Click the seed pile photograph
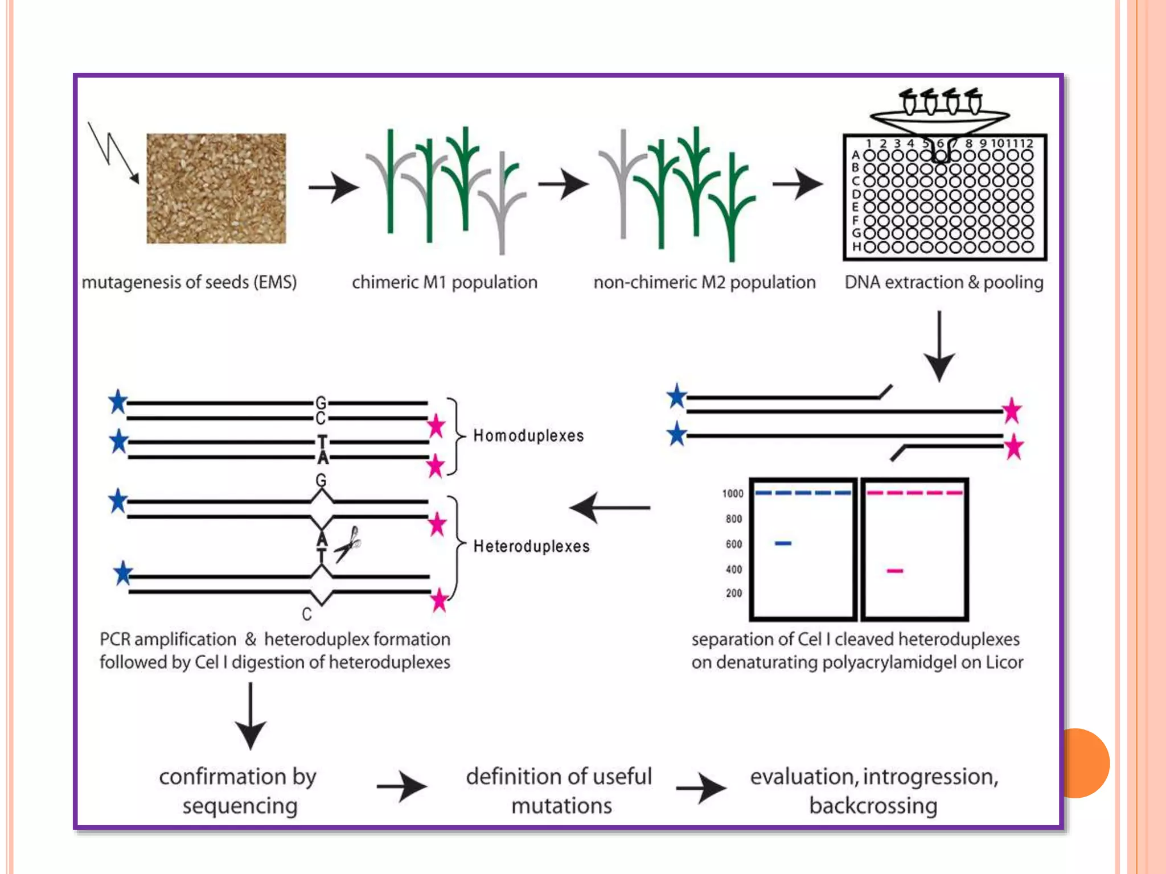tap(216, 188)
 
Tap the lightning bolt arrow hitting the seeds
tap(113, 152)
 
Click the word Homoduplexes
tap(528, 436)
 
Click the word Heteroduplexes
tap(531, 546)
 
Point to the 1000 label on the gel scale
tap(733, 493)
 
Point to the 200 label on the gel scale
tap(734, 593)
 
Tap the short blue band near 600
tap(783, 543)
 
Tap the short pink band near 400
tap(895, 571)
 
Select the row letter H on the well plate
tap(856, 247)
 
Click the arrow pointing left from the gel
tap(609, 507)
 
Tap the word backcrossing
tap(873, 806)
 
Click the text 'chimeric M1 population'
tap(444, 282)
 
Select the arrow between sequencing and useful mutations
tap(401, 787)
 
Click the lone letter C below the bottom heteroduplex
tap(307, 615)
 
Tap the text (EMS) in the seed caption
tap(275, 282)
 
